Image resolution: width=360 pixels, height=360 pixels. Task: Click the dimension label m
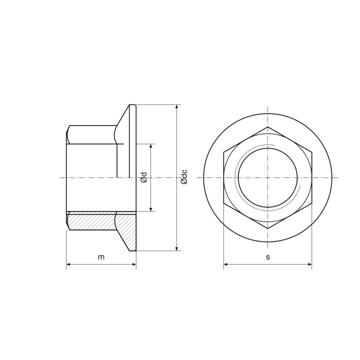click(101, 257)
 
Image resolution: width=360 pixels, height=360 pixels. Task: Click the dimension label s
click(267, 257)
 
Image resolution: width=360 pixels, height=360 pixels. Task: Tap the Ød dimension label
click(144, 177)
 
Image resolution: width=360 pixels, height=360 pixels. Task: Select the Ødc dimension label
click(184, 177)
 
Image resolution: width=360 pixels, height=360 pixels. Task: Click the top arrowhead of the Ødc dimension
click(176, 107)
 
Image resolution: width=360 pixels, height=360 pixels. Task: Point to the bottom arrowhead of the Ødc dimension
click(176, 248)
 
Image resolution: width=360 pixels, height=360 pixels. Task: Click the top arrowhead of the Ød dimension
click(150, 146)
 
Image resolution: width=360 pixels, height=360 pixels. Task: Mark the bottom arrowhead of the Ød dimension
click(150, 209)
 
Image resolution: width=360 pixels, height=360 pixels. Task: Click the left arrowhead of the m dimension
click(68, 264)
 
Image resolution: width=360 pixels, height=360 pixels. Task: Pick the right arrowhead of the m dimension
click(134, 264)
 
